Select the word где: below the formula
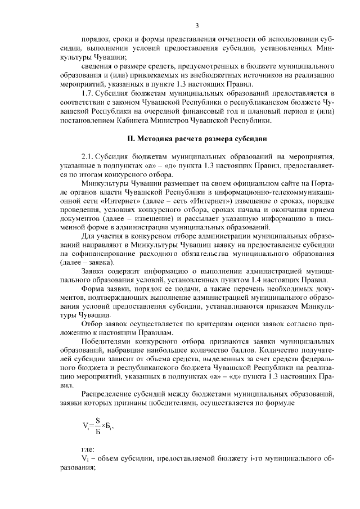click(x=88, y=450)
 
